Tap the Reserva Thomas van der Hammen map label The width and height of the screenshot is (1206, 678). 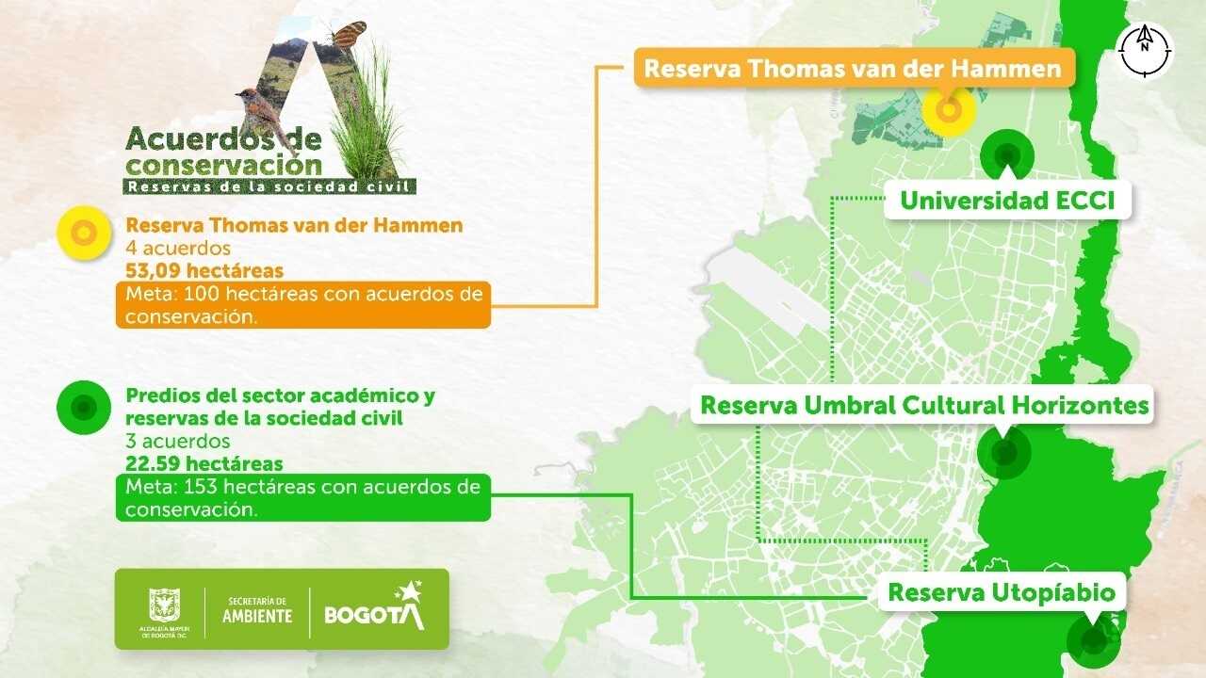(x=853, y=69)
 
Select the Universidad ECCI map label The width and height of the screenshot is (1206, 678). (x=1007, y=201)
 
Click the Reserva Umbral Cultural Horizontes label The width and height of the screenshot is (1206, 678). (x=924, y=405)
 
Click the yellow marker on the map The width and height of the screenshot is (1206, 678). (x=949, y=110)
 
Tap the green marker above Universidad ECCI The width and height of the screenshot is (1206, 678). (x=1007, y=154)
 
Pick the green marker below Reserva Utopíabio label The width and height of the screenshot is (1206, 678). (x=1093, y=641)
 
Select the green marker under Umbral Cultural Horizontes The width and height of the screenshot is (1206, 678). (x=1003, y=453)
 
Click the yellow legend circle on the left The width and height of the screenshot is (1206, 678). (x=84, y=234)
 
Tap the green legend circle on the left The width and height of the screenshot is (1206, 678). (x=84, y=407)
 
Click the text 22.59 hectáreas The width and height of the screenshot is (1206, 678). (x=204, y=463)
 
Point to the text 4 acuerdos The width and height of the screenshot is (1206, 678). (x=178, y=250)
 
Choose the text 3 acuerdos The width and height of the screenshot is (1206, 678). (x=178, y=441)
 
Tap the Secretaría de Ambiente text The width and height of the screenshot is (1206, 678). (x=257, y=610)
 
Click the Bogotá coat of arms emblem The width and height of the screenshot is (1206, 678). (x=165, y=604)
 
